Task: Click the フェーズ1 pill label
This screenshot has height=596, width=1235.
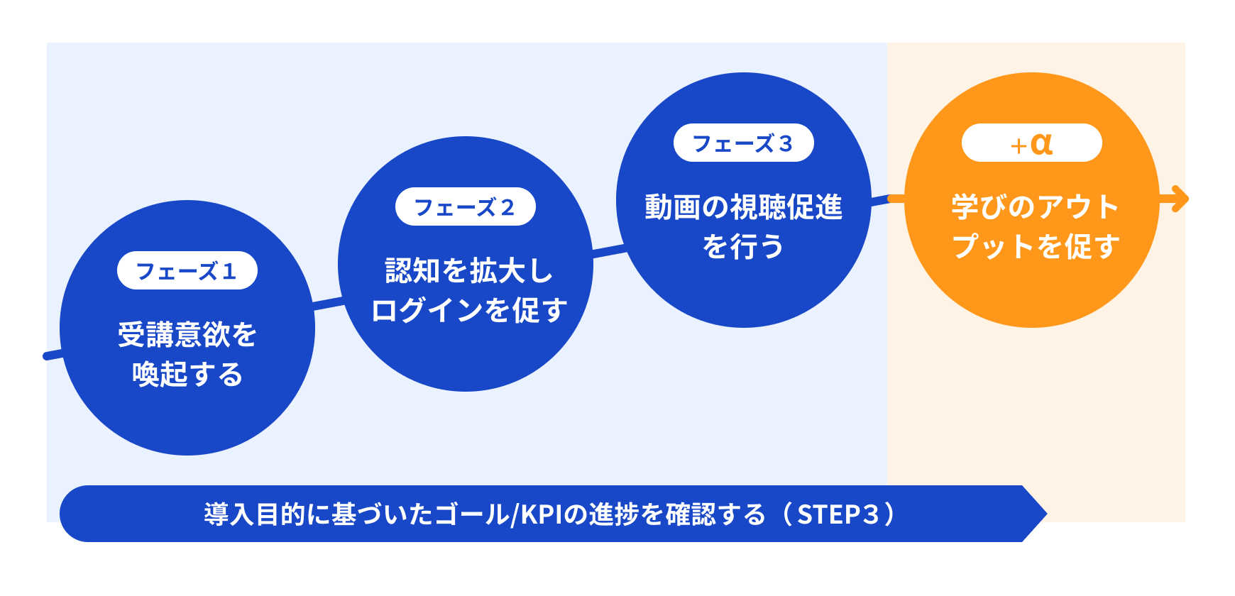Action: click(x=187, y=270)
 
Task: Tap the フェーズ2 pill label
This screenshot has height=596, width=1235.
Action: click(x=465, y=206)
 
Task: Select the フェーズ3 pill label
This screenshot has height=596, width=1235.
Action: click(x=743, y=143)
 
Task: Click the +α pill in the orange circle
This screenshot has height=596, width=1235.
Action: click(x=1031, y=143)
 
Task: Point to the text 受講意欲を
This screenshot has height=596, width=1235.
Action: click(x=187, y=334)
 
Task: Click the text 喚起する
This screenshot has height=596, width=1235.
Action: click(x=187, y=374)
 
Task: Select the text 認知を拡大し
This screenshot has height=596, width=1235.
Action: click(x=468, y=270)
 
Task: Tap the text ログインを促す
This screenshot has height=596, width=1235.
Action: click(x=468, y=310)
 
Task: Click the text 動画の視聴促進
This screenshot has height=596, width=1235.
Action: click(x=743, y=206)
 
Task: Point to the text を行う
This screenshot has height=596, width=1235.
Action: click(x=743, y=246)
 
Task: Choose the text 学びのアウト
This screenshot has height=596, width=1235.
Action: click(x=1035, y=206)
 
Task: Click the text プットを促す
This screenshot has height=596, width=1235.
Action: click(x=1035, y=246)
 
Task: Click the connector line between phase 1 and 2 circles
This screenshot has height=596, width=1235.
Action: click(x=326, y=303)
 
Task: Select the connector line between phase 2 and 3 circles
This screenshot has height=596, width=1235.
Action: click(x=609, y=250)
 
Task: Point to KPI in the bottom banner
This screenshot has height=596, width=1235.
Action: click(x=542, y=514)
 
